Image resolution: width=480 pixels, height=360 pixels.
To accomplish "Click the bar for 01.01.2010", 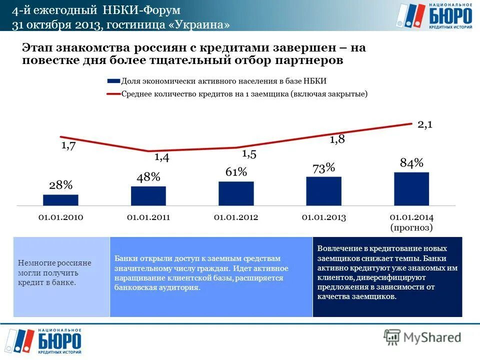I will point(60,200).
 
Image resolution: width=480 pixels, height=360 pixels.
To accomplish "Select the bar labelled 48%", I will point(148,195).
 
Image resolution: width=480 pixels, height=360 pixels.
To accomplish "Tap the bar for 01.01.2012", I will point(236,193).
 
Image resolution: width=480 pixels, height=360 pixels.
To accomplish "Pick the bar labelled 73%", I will point(323,190).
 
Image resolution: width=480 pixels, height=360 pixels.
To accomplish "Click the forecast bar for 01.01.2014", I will point(411,188).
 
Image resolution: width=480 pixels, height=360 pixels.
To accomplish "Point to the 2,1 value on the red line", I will point(425,124).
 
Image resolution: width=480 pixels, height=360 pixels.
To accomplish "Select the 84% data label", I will point(411,162).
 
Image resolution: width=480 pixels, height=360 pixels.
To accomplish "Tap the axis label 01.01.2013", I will point(323,217).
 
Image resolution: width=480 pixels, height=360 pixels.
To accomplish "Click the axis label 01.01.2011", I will point(148,217).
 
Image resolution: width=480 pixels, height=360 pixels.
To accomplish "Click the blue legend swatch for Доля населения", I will point(114,81).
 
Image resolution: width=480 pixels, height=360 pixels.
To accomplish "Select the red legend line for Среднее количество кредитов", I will point(114,93).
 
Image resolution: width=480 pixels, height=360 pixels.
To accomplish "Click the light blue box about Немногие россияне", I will point(61,276).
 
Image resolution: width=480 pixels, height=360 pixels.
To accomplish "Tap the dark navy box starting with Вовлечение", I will point(387,276).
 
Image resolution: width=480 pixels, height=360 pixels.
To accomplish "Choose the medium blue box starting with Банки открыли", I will point(211,276).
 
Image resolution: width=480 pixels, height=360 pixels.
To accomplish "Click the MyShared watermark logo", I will point(422,337).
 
